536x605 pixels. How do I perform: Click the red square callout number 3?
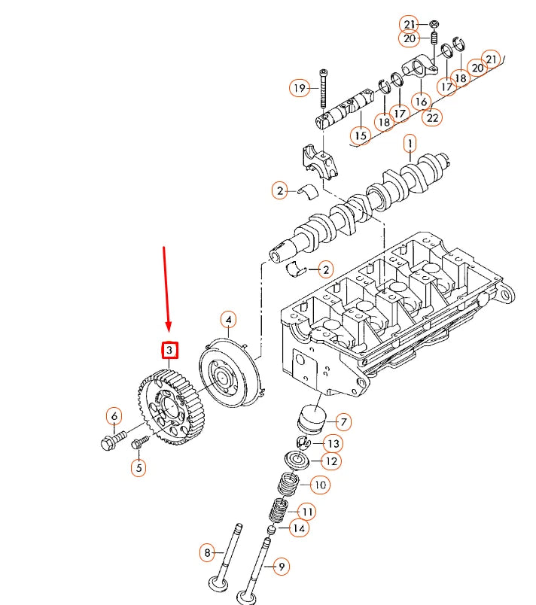tap(170, 350)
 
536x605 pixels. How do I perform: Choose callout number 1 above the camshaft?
tap(410, 142)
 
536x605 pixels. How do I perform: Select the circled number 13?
tap(333, 443)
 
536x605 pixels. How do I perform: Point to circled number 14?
tap(300, 528)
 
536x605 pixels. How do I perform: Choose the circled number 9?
tap(280, 567)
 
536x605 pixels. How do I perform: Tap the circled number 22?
tap(432, 116)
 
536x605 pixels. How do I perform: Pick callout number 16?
tap(420, 101)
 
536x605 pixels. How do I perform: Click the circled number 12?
tap(330, 461)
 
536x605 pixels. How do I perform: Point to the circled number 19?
tap(299, 88)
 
